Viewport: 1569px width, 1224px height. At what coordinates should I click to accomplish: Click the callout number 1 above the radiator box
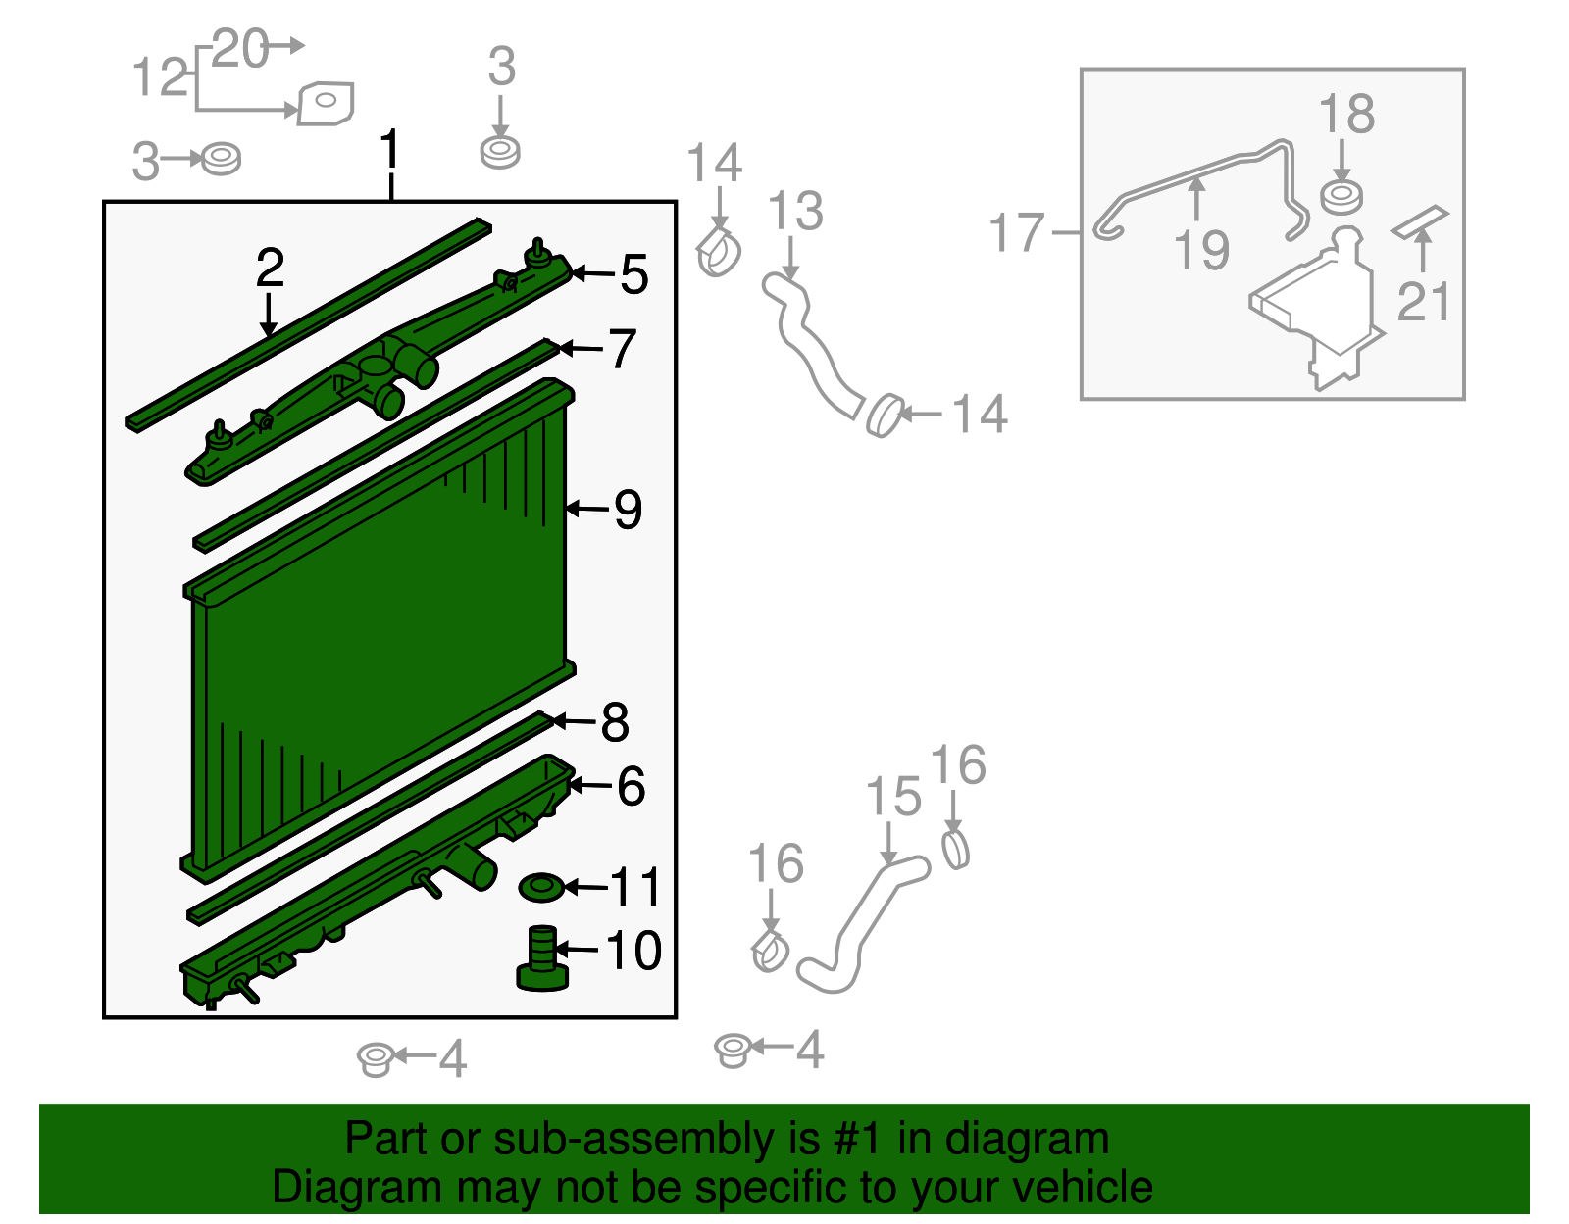390,150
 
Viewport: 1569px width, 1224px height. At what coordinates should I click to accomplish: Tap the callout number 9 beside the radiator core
628,510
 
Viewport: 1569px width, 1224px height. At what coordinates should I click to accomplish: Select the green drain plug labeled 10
542,959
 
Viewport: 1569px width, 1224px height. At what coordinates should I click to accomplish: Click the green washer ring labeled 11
541,888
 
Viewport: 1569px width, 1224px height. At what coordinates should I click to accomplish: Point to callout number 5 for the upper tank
634,274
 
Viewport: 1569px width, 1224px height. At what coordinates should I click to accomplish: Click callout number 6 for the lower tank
631,786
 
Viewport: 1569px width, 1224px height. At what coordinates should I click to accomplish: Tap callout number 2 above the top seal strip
270,268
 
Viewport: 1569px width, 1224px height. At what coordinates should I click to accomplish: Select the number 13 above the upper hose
795,212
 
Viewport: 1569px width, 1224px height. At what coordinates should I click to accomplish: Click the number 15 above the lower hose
893,797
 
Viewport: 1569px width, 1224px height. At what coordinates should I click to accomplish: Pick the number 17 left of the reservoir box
1017,233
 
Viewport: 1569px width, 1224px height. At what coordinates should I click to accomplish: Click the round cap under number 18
1341,197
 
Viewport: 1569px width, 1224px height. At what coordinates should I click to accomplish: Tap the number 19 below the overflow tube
1202,250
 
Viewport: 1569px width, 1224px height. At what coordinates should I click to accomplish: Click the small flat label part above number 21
1420,221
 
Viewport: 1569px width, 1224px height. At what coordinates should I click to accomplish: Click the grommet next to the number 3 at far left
221,159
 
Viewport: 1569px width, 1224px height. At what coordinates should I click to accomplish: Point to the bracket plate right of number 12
326,103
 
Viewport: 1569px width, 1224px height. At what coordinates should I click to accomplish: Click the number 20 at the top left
239,48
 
